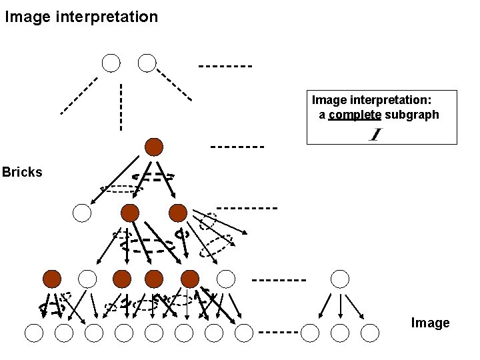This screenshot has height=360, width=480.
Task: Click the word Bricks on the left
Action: tap(22, 172)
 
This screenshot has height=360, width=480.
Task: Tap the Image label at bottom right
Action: tap(430, 323)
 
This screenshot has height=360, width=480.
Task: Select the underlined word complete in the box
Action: tap(355, 115)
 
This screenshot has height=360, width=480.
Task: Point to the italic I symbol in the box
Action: tap(375, 135)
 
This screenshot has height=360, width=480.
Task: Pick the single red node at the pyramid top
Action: tap(154, 147)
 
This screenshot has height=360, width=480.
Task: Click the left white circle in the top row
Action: tap(111, 63)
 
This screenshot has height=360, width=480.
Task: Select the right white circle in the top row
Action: tap(147, 63)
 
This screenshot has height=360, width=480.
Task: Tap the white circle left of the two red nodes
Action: tap(81, 213)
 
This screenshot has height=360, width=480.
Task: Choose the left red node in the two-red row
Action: tap(130, 213)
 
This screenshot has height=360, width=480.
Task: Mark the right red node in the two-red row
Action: tap(178, 213)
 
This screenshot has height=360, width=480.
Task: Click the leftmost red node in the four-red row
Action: tap(51, 278)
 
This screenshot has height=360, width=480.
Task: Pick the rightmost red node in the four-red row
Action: tap(190, 278)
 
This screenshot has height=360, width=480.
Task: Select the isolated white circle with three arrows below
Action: tap(340, 278)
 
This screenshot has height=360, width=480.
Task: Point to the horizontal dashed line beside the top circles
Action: tap(225, 66)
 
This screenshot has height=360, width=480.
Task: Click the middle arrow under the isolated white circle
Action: tap(341, 303)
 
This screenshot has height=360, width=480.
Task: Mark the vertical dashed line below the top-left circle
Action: tap(121, 107)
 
